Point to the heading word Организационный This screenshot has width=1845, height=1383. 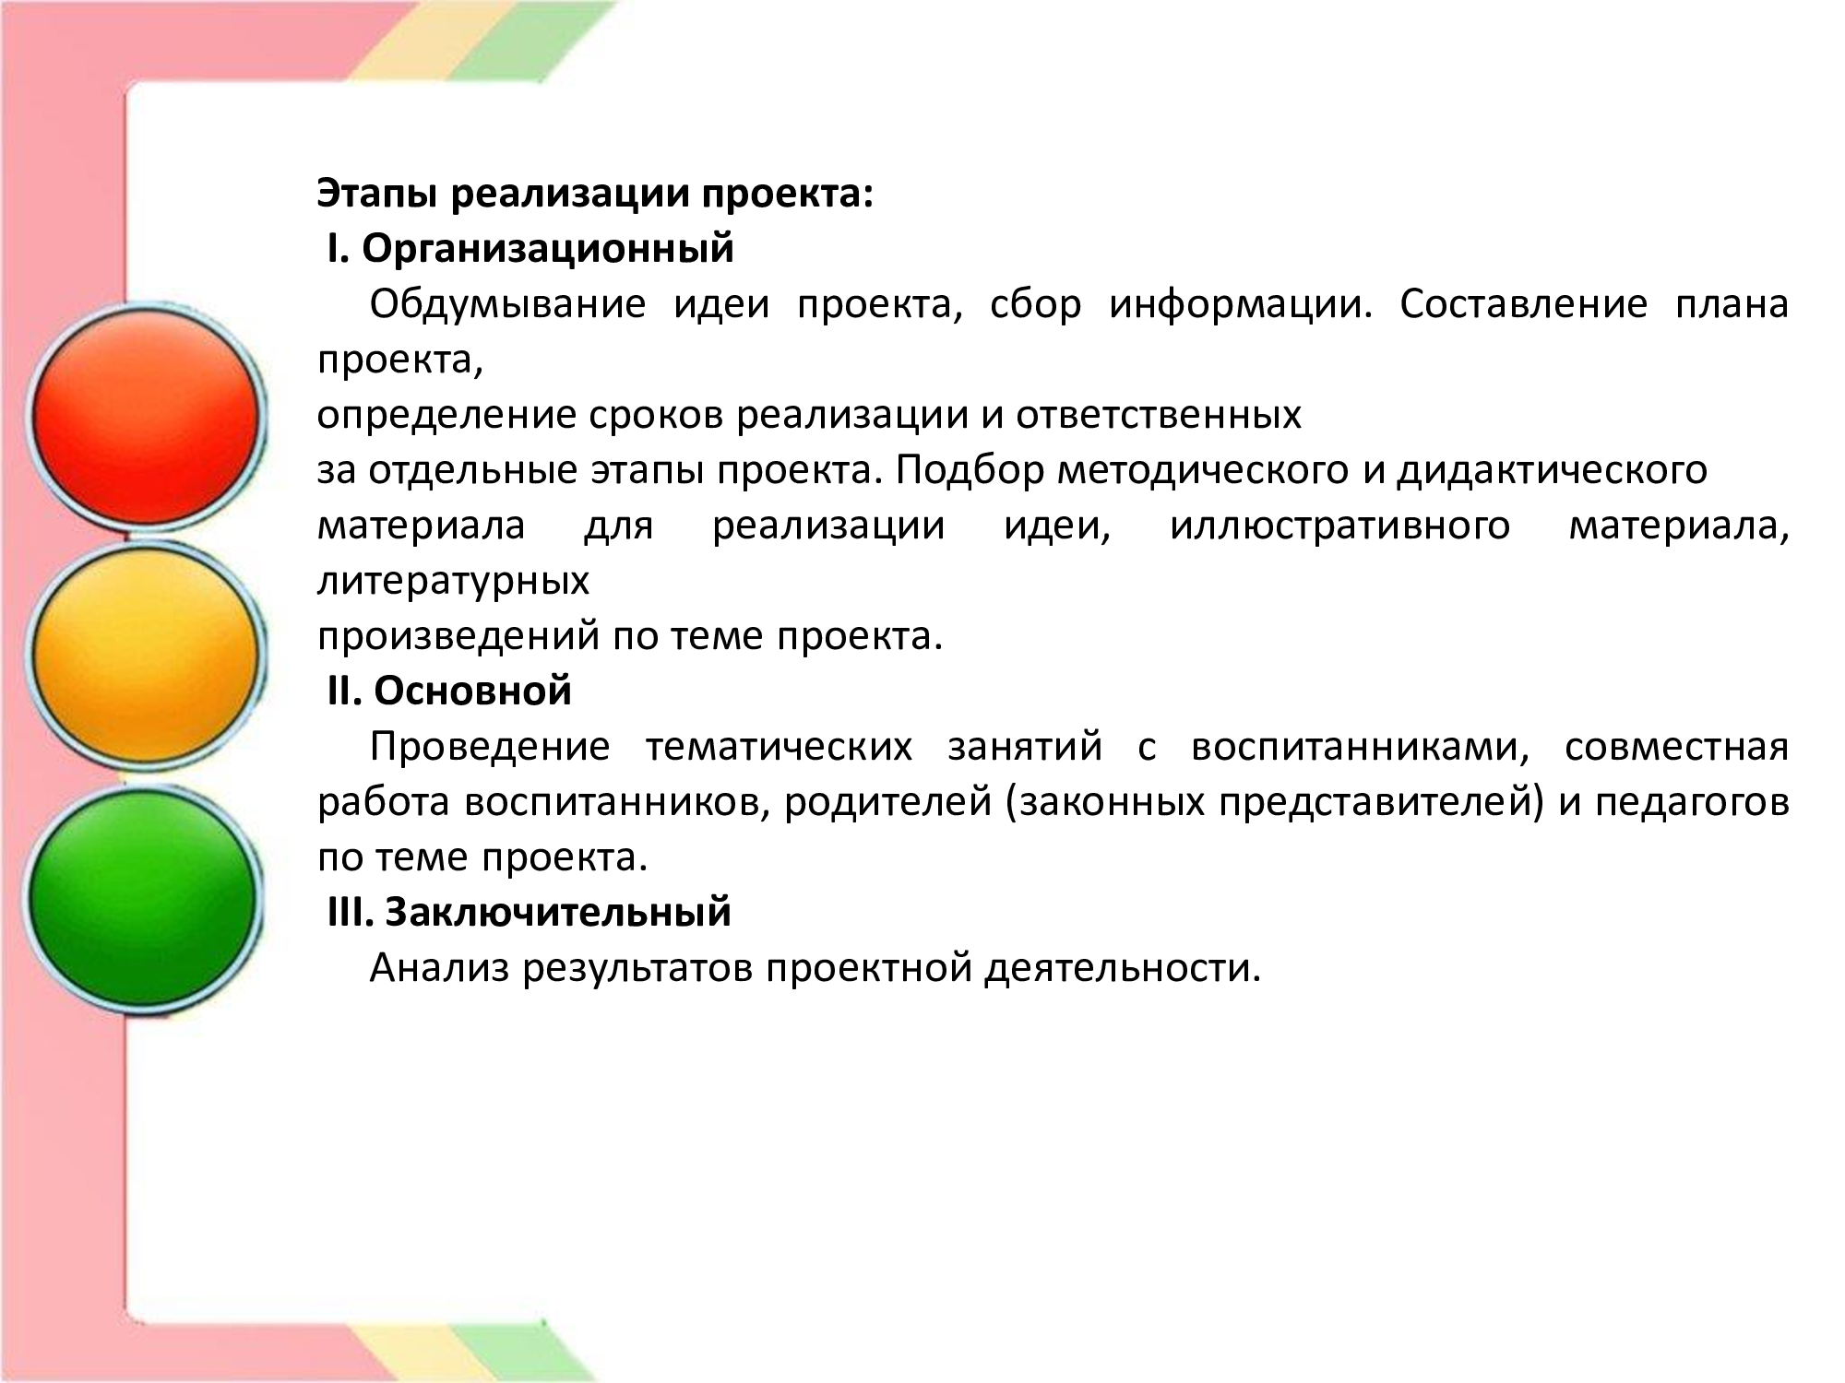pyautogui.click(x=548, y=249)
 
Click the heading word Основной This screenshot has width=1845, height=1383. pyautogui.click(x=472, y=691)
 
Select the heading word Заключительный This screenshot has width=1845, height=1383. pyautogui.click(x=557, y=913)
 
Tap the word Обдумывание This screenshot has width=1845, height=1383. pyautogui.click(x=507, y=305)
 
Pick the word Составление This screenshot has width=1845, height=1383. pyautogui.click(x=1523, y=304)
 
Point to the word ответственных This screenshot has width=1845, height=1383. pyautogui.click(x=1159, y=417)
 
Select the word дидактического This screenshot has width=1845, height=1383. pyautogui.click(x=1552, y=471)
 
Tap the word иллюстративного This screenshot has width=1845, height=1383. pyautogui.click(x=1340, y=526)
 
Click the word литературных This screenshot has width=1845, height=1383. pyautogui.click(x=454, y=582)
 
